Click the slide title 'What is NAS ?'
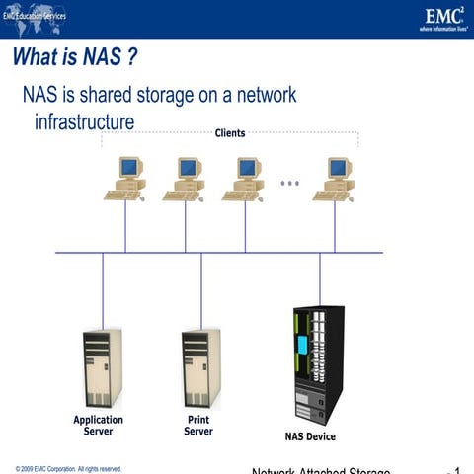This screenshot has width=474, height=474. coord(74,58)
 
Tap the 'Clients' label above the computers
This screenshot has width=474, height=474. coord(229,132)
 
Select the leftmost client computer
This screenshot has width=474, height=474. coord(125,178)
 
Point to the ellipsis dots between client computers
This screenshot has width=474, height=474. coord(289,183)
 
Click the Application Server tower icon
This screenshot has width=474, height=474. coord(103,368)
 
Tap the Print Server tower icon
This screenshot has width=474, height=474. coord(200,368)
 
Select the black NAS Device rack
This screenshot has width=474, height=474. coord(318,364)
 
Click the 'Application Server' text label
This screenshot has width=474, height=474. coord(99,425)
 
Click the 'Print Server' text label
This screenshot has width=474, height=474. coord(197,425)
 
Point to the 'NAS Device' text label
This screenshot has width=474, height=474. coord(303,436)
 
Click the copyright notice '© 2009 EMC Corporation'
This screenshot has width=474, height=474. coord(68,468)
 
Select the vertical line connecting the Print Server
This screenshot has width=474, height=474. coord(201,291)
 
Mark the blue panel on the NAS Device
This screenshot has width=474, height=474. coord(303,346)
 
